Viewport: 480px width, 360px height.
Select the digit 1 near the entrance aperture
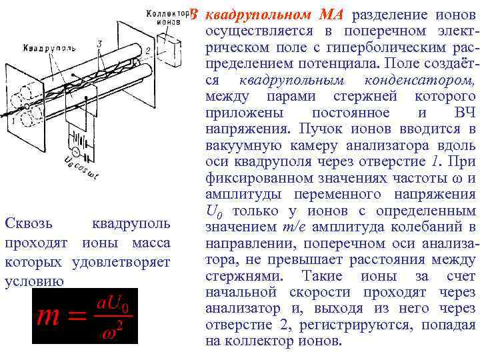11,121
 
